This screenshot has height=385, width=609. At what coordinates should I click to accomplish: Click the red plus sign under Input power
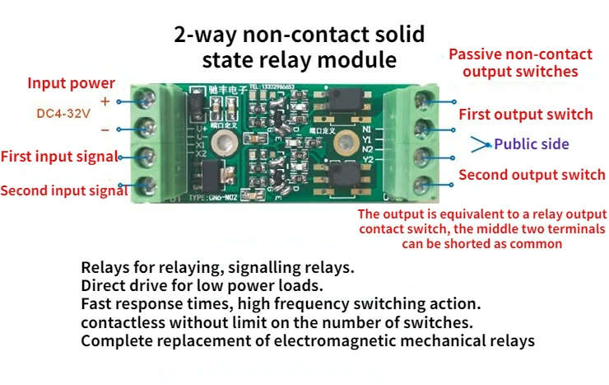(105, 101)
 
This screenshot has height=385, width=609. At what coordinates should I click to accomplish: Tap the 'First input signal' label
(60, 156)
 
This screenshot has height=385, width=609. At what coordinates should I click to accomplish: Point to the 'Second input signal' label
(64, 191)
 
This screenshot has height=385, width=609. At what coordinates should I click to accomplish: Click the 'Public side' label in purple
(531, 144)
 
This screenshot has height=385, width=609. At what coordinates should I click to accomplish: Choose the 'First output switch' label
(525, 114)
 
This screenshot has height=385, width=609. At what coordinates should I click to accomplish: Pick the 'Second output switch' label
(532, 175)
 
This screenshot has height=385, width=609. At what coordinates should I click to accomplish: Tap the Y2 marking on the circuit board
(368, 159)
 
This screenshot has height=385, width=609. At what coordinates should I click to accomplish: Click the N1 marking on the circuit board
(368, 129)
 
